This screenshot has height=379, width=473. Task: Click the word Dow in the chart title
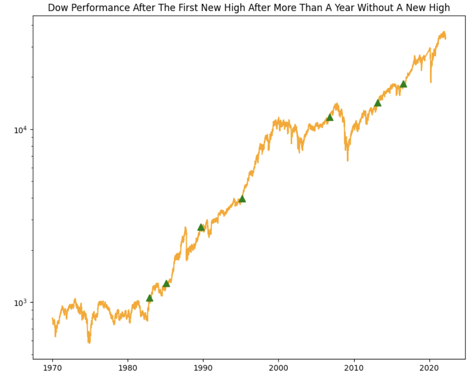[58, 8]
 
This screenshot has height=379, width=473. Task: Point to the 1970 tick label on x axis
[53, 368]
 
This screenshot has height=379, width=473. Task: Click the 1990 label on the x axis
[203, 368]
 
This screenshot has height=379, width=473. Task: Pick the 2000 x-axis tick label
[278, 368]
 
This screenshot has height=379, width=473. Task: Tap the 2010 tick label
[354, 368]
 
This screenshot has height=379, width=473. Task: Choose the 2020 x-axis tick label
[429, 368]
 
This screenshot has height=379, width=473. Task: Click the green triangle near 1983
[150, 298]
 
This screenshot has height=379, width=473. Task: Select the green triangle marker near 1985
[166, 283]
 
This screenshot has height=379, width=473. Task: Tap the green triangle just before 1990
[201, 227]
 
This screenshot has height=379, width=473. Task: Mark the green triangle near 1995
[242, 199]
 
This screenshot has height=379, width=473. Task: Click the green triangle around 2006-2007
[330, 117]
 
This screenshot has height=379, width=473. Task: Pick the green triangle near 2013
[378, 103]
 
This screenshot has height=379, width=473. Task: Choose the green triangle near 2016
[403, 84]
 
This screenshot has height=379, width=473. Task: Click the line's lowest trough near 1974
[89, 342]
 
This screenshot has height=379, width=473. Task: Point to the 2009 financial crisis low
[348, 160]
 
